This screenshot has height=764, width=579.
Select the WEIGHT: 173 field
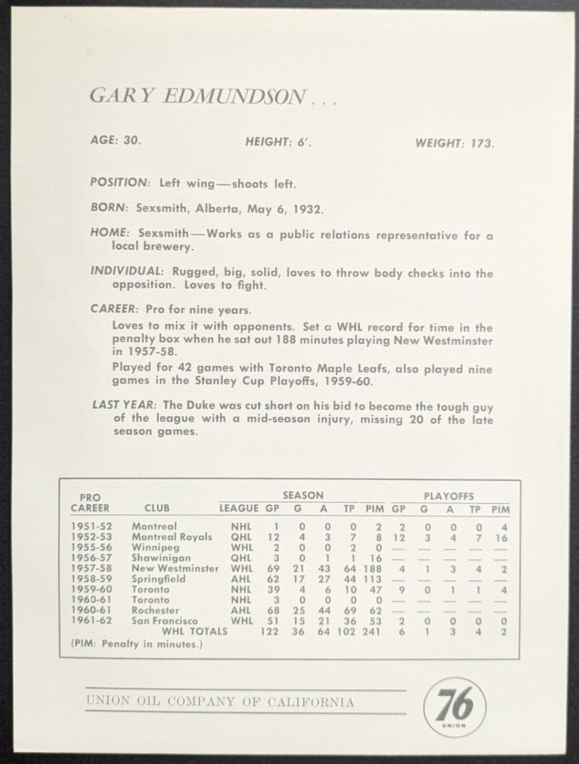click(455, 143)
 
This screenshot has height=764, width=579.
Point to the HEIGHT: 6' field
click(278, 142)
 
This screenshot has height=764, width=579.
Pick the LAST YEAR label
click(124, 405)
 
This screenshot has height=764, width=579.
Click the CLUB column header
click(156, 508)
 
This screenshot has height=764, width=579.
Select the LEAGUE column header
click(239, 509)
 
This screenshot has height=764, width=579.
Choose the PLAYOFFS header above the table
click(448, 496)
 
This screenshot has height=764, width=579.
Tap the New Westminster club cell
click(175, 569)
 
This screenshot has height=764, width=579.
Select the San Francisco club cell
click(165, 621)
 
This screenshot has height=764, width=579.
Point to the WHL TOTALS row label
click(194, 631)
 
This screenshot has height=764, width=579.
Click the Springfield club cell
click(159, 579)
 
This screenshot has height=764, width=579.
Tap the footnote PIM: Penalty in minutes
click(136, 644)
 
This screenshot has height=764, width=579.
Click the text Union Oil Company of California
click(220, 528)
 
